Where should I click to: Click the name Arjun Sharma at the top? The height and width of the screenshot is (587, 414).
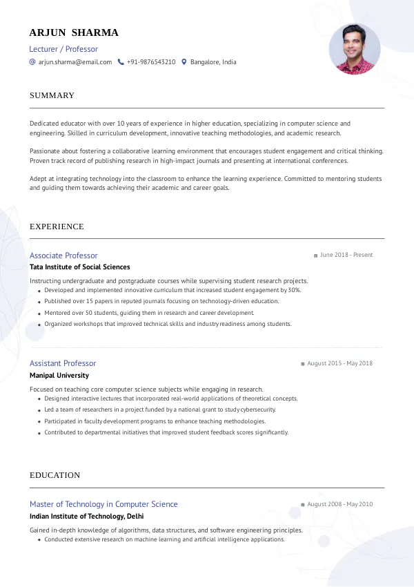[x=74, y=32]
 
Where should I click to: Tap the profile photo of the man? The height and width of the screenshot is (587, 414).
[x=355, y=49]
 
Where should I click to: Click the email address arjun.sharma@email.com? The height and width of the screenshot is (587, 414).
[x=75, y=62]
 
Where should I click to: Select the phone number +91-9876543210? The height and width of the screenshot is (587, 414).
[x=151, y=62]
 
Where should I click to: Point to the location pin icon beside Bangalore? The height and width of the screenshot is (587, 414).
[x=184, y=62]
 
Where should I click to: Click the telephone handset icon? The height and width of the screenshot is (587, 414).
[x=121, y=62]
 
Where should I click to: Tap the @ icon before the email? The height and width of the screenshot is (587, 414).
[x=32, y=62]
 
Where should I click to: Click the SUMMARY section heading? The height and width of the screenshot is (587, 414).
[x=52, y=95]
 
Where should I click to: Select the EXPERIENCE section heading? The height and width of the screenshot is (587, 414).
[x=57, y=227]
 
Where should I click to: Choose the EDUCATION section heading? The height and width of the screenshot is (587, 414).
[x=55, y=475]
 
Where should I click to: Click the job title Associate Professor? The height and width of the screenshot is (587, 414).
[x=63, y=256]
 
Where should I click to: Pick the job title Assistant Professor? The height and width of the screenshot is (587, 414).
[x=63, y=363]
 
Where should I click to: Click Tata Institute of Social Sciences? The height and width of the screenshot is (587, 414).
[x=79, y=267]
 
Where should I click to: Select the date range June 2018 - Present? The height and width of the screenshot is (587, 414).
[x=346, y=255]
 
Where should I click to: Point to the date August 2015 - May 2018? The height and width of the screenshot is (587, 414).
[x=339, y=363]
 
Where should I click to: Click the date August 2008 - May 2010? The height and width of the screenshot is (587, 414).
[x=339, y=504]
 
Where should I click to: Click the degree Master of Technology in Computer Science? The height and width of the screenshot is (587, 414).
[x=103, y=504]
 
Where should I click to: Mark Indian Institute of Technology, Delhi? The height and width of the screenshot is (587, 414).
[x=86, y=516]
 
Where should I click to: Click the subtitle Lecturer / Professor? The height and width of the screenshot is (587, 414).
[x=63, y=49]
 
